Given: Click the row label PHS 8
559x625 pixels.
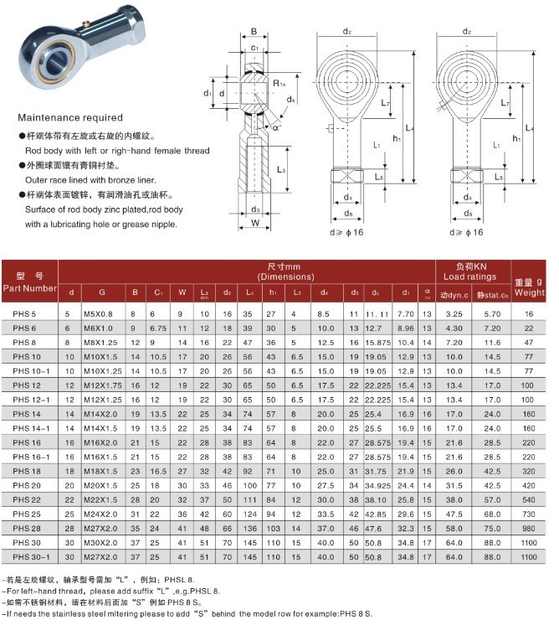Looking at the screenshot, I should [24, 342].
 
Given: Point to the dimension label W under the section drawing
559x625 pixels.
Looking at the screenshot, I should [254, 223].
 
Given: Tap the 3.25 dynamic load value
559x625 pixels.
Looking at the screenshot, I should [455, 312].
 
